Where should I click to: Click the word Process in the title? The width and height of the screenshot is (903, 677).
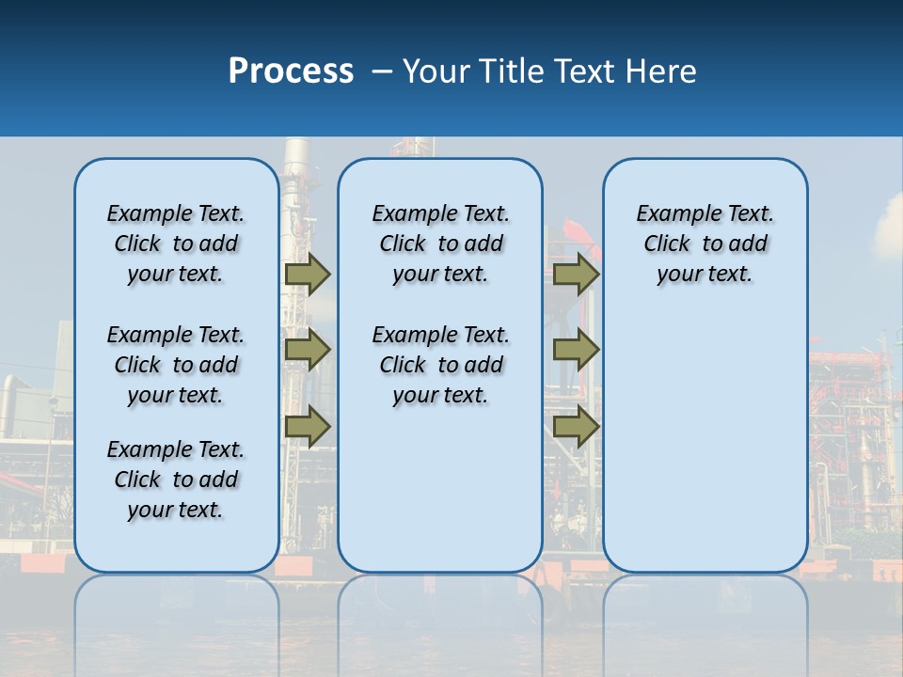coord(291,71)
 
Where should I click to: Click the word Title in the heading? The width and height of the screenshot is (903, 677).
coord(513,71)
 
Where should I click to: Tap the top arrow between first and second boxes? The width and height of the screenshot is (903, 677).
coord(308,274)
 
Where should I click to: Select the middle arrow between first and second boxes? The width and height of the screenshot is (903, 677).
coord(308,350)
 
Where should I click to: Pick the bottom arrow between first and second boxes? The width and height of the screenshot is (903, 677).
coord(308,426)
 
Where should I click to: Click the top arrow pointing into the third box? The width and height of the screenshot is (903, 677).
coord(576,274)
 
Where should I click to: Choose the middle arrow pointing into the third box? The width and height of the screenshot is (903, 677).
coord(576,350)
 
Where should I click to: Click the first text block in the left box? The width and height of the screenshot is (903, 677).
coord(176,244)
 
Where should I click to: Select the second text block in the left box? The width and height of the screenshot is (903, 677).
coord(176,365)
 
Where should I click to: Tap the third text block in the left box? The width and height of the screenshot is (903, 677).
coord(176,480)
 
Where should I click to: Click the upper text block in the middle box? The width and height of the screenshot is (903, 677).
coord(440,244)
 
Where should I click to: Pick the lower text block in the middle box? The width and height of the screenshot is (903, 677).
coord(440,365)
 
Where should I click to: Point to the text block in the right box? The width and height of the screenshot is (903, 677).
coord(705,244)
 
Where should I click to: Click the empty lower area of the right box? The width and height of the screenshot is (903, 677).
coord(705,442)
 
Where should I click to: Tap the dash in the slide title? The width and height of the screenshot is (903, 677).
coord(382,71)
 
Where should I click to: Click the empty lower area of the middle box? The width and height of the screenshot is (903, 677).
coord(440,489)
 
